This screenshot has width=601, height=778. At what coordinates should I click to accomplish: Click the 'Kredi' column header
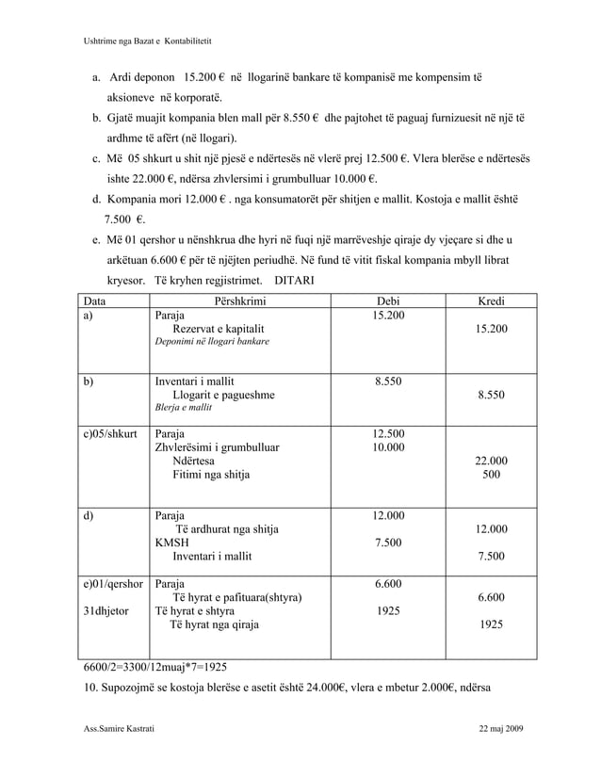pyautogui.click(x=491, y=301)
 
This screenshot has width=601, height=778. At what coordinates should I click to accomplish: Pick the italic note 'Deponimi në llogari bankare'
pyautogui.click(x=212, y=342)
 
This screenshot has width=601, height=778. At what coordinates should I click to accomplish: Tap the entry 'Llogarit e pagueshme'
pyautogui.click(x=223, y=395)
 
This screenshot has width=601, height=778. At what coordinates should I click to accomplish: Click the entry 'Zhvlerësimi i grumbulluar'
pyautogui.click(x=217, y=447)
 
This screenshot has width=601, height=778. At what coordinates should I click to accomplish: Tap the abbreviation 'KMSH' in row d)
pyautogui.click(x=171, y=543)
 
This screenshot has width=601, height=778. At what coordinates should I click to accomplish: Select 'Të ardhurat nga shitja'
pyautogui.click(x=227, y=529)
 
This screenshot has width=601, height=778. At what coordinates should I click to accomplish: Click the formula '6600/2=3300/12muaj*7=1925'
pyautogui.click(x=156, y=666)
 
